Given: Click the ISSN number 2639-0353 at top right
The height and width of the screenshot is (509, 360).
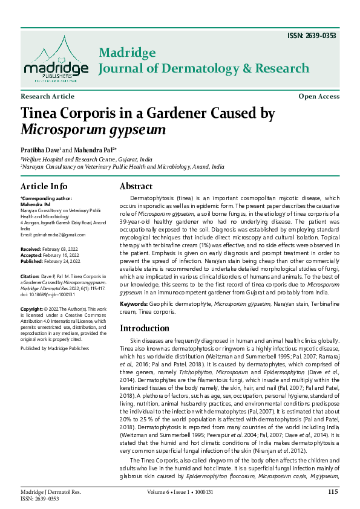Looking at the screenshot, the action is (312, 36).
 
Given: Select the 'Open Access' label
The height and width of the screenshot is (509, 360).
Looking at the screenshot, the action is (319, 97).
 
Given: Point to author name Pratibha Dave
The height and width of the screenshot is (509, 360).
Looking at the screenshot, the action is (39, 149).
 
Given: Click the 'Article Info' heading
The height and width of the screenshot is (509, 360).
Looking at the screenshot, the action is (44, 186).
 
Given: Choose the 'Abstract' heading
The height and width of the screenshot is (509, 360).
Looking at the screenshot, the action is (136, 186).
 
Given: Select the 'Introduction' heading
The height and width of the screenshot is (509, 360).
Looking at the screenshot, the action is (148, 328).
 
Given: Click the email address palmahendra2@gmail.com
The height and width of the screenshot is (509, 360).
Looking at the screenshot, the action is (58, 234).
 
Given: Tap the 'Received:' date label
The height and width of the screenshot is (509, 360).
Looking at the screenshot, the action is (31, 249).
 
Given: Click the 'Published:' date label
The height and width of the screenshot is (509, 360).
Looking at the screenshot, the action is (32, 261).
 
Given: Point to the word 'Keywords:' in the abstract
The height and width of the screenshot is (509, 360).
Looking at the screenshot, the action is (133, 303).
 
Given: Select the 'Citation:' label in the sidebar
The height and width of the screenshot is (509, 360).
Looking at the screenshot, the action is (30, 276).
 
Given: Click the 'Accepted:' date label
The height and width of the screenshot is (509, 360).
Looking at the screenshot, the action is (31, 255).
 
